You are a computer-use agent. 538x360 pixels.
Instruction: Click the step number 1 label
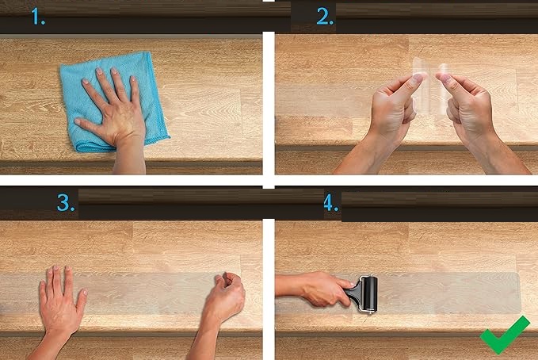coord(38,17)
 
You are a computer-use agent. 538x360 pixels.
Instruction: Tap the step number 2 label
coord(325,16)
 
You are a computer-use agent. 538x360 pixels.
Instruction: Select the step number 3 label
coord(66,203)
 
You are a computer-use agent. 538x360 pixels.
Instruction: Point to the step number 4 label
coord(330,203)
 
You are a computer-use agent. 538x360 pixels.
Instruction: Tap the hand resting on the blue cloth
coord(113,110)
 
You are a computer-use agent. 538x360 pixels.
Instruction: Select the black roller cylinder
coord(370,293)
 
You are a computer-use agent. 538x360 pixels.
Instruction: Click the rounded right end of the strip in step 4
coord(519,293)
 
